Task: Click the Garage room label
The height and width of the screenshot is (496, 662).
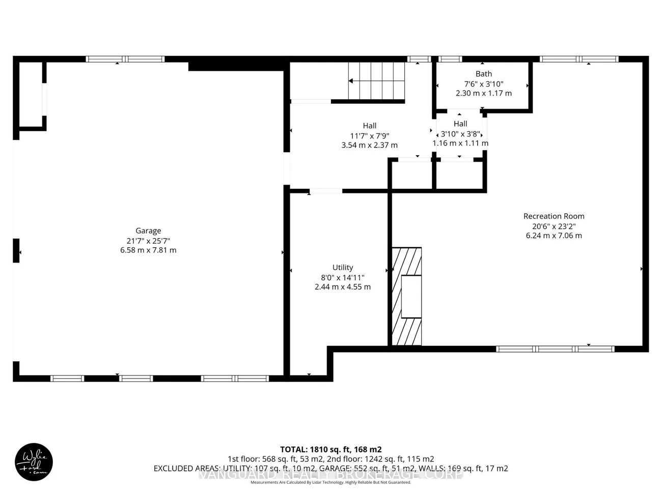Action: pyautogui.click(x=148, y=231)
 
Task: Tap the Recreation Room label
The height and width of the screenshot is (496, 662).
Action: pyautogui.click(x=554, y=216)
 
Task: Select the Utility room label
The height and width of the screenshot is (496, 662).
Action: pyautogui.click(x=342, y=268)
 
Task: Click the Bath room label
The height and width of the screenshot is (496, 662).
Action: pyautogui.click(x=483, y=74)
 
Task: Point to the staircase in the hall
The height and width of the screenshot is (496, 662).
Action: pyautogui.click(x=376, y=81)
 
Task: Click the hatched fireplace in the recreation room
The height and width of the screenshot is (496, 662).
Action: pyautogui.click(x=406, y=297)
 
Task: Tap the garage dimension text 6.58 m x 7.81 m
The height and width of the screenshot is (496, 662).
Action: pyautogui.click(x=148, y=250)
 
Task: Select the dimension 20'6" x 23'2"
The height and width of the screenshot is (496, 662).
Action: pyautogui.click(x=554, y=226)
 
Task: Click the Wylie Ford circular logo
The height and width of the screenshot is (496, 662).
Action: pyautogui.click(x=34, y=462)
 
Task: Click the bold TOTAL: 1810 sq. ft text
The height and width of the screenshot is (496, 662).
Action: pyautogui.click(x=330, y=449)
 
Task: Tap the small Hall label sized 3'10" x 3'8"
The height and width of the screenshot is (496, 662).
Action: pyautogui.click(x=460, y=124)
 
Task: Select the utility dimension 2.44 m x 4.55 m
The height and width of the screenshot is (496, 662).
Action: pyautogui.click(x=342, y=287)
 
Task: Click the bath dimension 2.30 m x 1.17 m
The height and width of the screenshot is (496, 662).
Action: pyautogui.click(x=483, y=94)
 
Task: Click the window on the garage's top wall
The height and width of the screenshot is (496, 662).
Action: pyautogui.click(x=125, y=59)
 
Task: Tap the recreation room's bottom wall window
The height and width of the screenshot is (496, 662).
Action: pyautogui.click(x=555, y=349)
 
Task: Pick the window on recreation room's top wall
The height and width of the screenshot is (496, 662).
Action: pyautogui.click(x=579, y=59)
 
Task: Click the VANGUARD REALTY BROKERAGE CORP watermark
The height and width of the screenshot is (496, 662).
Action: pyautogui.click(x=330, y=474)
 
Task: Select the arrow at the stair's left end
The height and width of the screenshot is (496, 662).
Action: pyautogui.click(x=351, y=81)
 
